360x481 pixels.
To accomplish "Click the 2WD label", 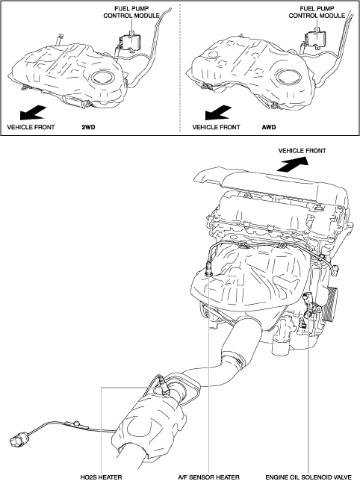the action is (x=88, y=127).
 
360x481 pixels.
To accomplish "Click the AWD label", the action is (x=269, y=127).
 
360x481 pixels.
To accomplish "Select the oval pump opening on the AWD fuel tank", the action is (x=288, y=75).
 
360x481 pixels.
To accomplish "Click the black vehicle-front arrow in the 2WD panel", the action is (x=33, y=113).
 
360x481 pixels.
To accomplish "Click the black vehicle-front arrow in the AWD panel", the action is (x=218, y=112).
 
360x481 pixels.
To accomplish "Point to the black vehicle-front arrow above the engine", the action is (x=292, y=164).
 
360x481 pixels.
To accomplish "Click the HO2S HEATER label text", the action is (x=101, y=477).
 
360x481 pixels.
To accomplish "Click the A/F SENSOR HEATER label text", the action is (x=209, y=477).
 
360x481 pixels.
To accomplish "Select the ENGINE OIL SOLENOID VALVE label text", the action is (x=308, y=477).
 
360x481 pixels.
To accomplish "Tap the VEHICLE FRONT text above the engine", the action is (x=302, y=151).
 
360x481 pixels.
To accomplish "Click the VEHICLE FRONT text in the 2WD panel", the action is (x=31, y=127).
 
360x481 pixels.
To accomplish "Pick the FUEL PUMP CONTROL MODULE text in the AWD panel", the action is (x=317, y=12).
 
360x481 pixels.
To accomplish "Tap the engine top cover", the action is (x=271, y=185).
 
